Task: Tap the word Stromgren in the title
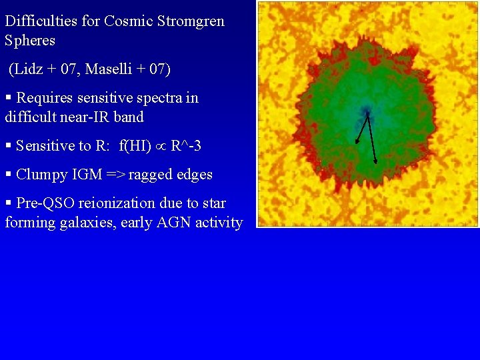[191, 21]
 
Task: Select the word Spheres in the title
[30, 40]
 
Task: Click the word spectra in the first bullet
[158, 98]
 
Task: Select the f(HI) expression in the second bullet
[135, 145]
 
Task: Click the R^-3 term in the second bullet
[186, 145]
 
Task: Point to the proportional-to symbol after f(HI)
[161, 146]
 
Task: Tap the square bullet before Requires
[8, 98]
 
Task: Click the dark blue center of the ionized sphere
[365, 111]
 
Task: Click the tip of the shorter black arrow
[357, 143]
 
